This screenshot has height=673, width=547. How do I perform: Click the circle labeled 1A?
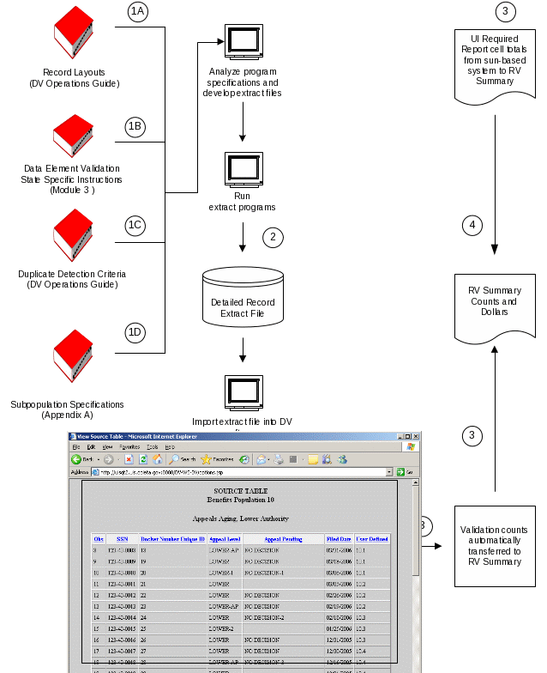137,11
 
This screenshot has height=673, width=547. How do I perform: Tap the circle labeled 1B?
135,126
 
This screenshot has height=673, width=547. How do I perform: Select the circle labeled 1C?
135,226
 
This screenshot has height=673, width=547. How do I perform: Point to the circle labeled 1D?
135,334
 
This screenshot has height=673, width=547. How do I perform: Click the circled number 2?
273,238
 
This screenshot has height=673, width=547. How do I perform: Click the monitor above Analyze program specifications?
243,41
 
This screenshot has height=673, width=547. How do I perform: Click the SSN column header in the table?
123,539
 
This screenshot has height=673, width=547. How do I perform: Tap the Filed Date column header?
338,539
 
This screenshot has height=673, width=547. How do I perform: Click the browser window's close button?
415,436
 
